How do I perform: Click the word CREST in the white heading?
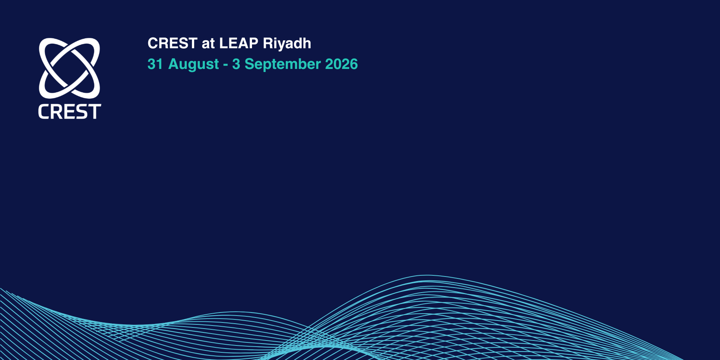(172, 43)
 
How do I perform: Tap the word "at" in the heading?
(208, 44)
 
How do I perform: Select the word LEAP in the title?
(239, 43)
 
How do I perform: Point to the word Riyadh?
(287, 44)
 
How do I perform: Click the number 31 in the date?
(155, 64)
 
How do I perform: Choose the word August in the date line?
(194, 64)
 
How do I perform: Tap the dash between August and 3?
(226, 65)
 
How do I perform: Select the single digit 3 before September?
(236, 64)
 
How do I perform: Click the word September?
(283, 64)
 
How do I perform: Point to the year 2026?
(341, 64)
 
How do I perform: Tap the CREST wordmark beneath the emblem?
(69, 111)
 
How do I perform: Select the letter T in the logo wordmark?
(95, 111)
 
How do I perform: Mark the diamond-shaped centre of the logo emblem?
(69, 68)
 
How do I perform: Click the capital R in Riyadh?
(268, 43)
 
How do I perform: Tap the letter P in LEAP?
(253, 43)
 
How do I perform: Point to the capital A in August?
(174, 64)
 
